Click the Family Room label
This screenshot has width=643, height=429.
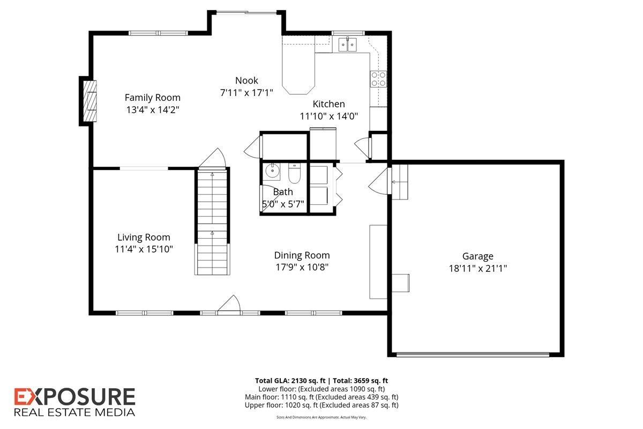pyautogui.click(x=153, y=98)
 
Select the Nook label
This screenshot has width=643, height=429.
pyautogui.click(x=246, y=80)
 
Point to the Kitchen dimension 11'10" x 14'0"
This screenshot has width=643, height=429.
pyautogui.click(x=328, y=115)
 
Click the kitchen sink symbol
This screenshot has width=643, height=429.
pyautogui.click(x=347, y=44)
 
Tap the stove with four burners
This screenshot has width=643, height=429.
pyautogui.click(x=378, y=79)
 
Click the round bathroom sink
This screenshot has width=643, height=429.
pyautogui.click(x=272, y=171)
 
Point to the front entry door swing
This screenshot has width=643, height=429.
pyautogui.click(x=229, y=304)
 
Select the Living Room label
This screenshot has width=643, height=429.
pyautogui.click(x=144, y=237)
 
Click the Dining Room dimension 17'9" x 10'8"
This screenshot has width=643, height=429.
pyautogui.click(x=302, y=267)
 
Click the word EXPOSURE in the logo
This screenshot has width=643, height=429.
pyautogui.click(x=74, y=397)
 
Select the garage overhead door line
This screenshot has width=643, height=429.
pyautogui.click(x=473, y=353)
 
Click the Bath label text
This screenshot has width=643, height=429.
pyautogui.click(x=283, y=191)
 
